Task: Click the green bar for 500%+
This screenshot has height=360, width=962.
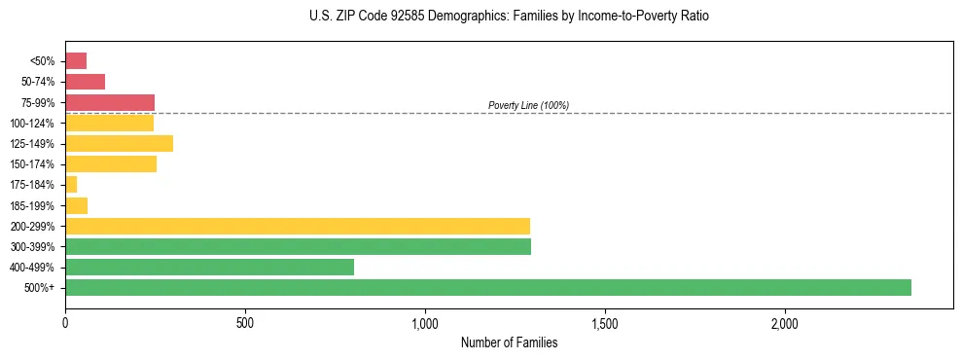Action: point(487,287)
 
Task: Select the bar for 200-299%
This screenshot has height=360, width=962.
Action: point(297,226)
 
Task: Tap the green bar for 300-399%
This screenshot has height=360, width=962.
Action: point(298,246)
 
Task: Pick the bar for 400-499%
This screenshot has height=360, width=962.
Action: point(209,267)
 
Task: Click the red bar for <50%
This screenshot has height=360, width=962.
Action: point(76,61)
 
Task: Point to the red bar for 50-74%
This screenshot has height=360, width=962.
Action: point(85,82)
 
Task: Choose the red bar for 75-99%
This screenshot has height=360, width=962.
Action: point(110,102)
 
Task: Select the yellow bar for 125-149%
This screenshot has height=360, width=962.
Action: point(119,144)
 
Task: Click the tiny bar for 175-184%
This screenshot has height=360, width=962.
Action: point(71,185)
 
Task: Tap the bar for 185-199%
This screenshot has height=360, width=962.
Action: point(76,205)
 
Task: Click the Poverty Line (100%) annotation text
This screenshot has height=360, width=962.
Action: point(528,105)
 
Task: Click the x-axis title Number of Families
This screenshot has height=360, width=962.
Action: point(509,342)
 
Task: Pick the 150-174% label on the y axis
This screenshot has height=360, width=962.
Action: point(33,164)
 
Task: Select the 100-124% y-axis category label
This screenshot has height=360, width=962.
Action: point(33,124)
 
